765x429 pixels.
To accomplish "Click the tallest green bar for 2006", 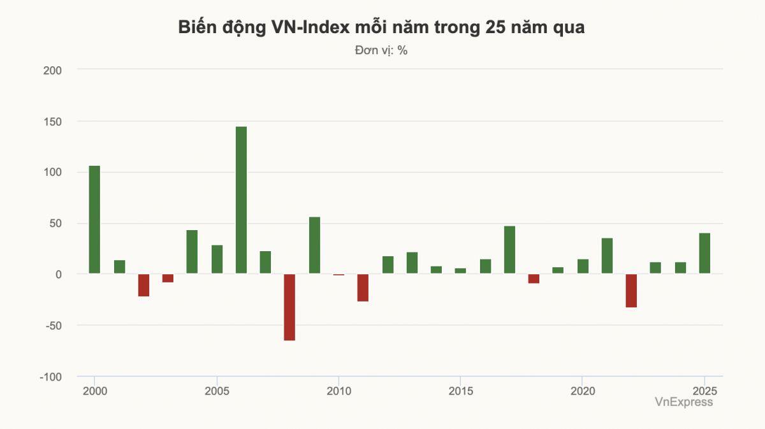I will click(241, 200).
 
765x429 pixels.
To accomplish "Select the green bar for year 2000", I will click(94, 220).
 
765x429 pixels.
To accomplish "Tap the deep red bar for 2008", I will click(289, 307).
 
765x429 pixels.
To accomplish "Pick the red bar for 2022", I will click(631, 291).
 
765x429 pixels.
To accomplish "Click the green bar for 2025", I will click(704, 253).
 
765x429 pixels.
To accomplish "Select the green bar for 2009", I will click(314, 245).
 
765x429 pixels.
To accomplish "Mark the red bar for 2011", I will click(363, 287).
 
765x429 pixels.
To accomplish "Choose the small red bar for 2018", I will click(534, 279).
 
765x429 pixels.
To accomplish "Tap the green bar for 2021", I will click(607, 256).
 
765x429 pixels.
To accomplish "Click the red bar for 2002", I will click(143, 285).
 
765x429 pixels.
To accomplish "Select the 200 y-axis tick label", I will click(52, 70).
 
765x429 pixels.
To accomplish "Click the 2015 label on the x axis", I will click(460, 390).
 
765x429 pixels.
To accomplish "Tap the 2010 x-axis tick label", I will click(339, 390).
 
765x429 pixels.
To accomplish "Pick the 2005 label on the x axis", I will click(217, 390).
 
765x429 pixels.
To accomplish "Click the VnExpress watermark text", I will click(683, 402).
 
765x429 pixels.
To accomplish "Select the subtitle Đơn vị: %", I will click(381, 50).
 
